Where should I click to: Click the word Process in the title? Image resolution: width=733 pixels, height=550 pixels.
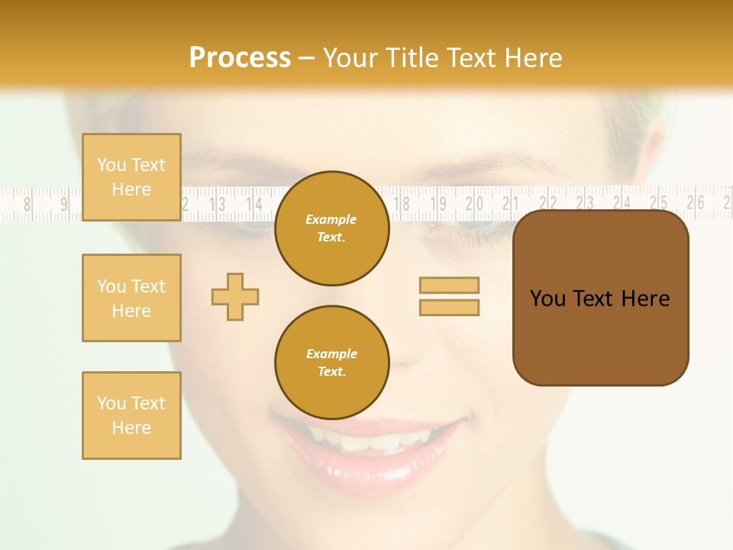pyautogui.click(x=240, y=58)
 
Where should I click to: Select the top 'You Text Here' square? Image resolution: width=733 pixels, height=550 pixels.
pyautogui.click(x=131, y=177)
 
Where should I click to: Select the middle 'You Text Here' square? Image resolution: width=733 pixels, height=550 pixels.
pyautogui.click(x=131, y=298)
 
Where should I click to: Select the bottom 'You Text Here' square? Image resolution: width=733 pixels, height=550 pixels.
pyautogui.click(x=131, y=416)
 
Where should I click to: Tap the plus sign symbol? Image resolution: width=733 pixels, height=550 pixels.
pyautogui.click(x=235, y=296)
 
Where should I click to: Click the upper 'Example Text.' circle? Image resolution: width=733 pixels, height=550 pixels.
pyautogui.click(x=332, y=228)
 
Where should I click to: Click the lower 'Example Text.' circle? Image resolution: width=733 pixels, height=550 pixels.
pyautogui.click(x=332, y=363)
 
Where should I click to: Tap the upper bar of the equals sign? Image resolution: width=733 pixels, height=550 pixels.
pyautogui.click(x=449, y=285)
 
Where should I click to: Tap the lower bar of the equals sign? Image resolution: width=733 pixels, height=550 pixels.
pyautogui.click(x=449, y=307)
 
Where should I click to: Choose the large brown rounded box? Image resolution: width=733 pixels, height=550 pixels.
pyautogui.click(x=601, y=298)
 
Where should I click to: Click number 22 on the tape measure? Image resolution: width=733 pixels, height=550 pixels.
pyautogui.click(x=548, y=202)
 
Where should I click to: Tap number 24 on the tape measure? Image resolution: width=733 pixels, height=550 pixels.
pyautogui.click(x=622, y=202)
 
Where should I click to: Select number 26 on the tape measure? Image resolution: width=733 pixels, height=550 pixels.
pyautogui.click(x=695, y=202)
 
